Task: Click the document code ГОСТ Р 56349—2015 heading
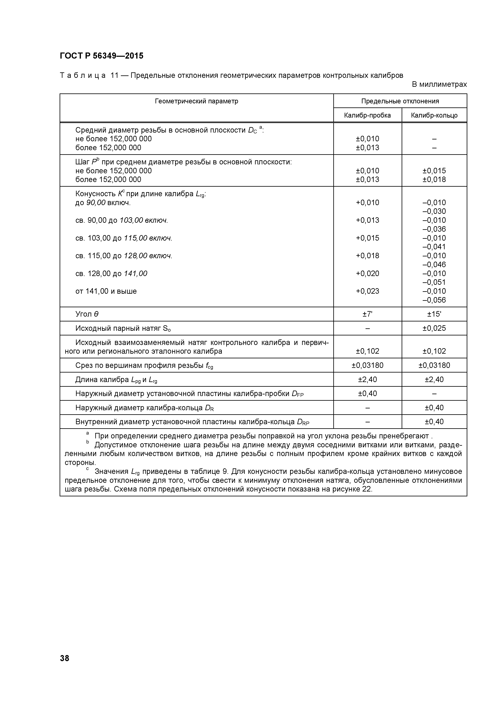coord(102,56)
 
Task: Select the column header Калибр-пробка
coord(367,116)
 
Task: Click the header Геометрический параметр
coord(196,101)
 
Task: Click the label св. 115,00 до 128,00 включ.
coord(124,256)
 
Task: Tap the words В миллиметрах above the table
coord(439,84)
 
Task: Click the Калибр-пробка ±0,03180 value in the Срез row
coord(367,365)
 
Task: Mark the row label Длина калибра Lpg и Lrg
coord(116,380)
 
